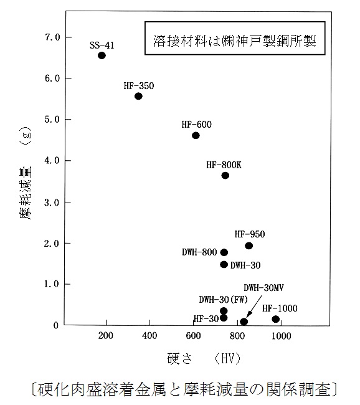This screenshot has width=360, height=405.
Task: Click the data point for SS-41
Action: (x=102, y=55)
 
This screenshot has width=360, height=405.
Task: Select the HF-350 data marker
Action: (x=138, y=97)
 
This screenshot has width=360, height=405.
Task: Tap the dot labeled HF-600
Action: (x=196, y=135)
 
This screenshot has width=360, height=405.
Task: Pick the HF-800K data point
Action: (x=225, y=176)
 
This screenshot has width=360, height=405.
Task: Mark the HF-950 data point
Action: (x=249, y=245)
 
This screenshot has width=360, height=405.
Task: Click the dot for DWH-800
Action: (x=224, y=252)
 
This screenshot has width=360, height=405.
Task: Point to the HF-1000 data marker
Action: (x=276, y=319)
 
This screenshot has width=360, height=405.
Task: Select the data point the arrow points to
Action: (x=244, y=322)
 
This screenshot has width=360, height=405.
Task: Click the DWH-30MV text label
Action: (x=263, y=288)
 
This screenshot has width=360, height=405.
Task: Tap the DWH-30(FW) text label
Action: (x=223, y=300)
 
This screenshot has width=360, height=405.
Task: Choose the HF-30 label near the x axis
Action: (x=206, y=319)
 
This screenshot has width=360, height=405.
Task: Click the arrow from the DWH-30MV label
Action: (x=254, y=307)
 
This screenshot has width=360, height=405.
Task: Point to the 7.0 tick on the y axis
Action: (x=52, y=37)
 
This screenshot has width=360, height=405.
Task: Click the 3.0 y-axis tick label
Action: (x=52, y=202)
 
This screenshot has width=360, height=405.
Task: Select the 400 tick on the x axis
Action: (x=149, y=335)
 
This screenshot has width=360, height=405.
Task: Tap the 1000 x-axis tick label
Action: (x=282, y=336)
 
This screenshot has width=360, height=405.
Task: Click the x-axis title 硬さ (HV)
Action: (x=204, y=358)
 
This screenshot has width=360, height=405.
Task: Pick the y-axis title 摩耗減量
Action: (x=26, y=193)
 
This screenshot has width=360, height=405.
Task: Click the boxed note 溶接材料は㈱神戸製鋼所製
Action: (x=235, y=38)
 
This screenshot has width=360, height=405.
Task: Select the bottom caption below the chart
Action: (x=184, y=389)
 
